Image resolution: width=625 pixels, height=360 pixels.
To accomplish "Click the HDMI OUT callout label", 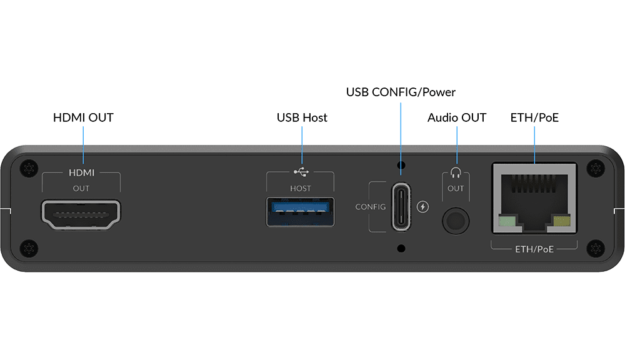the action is (x=83, y=117).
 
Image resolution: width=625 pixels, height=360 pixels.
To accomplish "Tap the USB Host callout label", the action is (x=302, y=117).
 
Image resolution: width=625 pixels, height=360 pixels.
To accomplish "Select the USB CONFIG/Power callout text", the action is (x=401, y=92).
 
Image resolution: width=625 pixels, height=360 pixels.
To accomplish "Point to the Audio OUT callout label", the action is (x=457, y=117).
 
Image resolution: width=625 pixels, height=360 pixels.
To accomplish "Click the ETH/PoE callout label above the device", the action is (x=534, y=117).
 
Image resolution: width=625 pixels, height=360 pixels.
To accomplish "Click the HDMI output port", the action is (x=81, y=215).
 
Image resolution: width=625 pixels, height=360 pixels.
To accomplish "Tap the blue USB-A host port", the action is (x=300, y=212).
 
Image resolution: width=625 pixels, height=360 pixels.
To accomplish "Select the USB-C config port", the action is (x=401, y=207).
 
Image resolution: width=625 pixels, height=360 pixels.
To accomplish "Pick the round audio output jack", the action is (x=456, y=221).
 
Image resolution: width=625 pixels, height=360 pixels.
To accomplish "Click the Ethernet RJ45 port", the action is (x=534, y=198).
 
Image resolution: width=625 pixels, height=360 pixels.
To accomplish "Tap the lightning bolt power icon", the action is (x=422, y=206).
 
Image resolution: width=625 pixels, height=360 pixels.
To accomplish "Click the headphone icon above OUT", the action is (x=456, y=172).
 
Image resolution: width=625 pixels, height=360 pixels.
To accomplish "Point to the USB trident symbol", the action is (x=301, y=172).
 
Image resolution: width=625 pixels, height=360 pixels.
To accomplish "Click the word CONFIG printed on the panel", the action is (x=370, y=207).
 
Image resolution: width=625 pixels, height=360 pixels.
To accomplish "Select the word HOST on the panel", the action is (x=300, y=188).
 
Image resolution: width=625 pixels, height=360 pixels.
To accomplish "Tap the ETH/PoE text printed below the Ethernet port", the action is (x=534, y=249).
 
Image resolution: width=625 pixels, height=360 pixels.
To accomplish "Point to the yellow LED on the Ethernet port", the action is (x=562, y=221).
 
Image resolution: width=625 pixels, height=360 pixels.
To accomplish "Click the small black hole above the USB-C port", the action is (x=401, y=164).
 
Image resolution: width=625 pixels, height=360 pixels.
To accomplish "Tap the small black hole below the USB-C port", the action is (x=401, y=248).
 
